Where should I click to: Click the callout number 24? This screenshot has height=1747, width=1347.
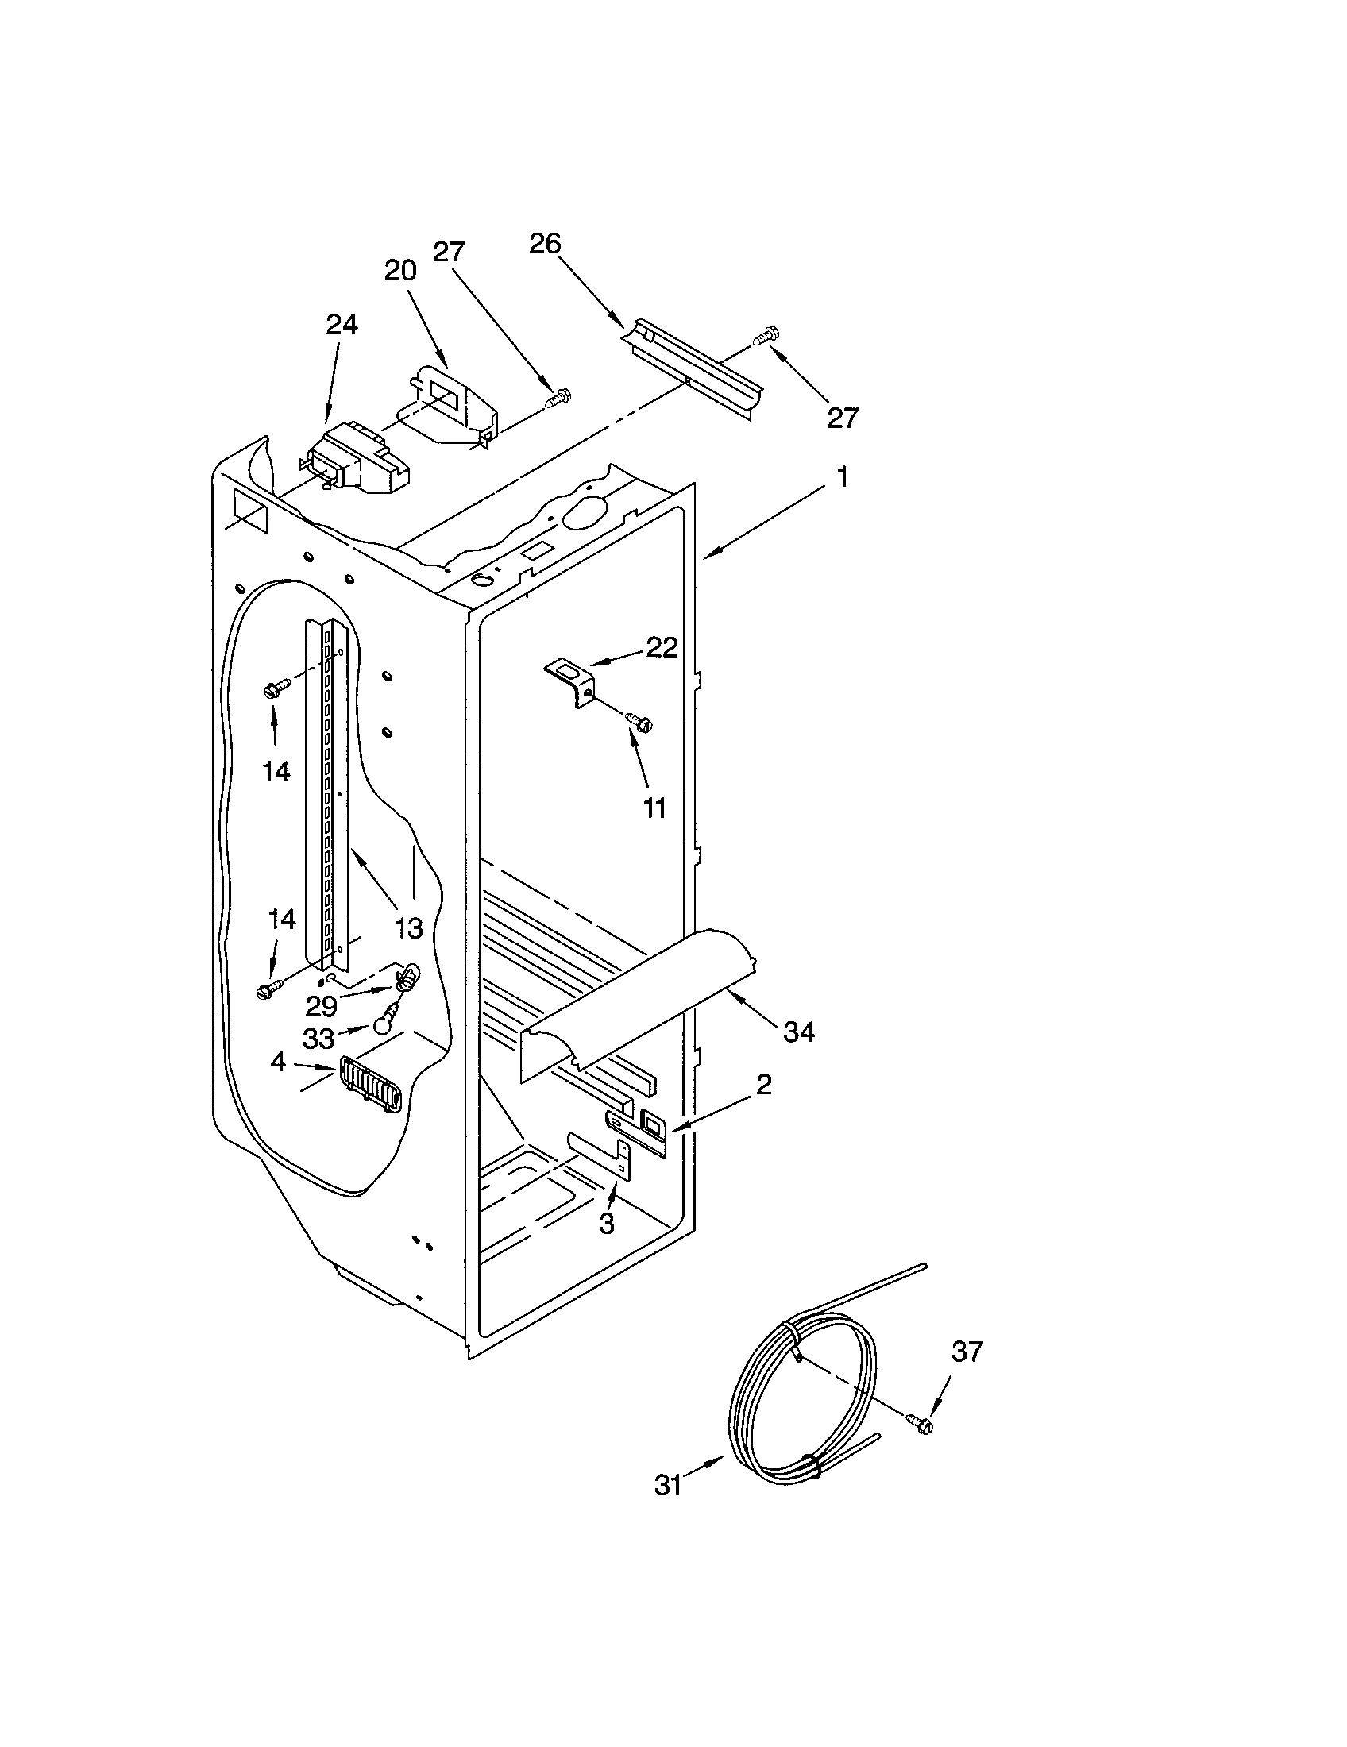342,324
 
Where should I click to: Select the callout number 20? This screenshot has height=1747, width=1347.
400,270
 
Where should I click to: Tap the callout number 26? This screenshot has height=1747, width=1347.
545,243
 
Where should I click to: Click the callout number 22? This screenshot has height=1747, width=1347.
662,646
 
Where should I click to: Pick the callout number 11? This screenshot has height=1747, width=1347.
654,808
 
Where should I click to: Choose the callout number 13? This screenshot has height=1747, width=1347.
409,927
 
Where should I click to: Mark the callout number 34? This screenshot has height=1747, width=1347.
798,1032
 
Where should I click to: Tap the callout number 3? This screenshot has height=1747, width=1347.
607,1223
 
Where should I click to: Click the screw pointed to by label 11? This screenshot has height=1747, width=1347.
639,722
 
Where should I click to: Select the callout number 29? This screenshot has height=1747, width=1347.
321,1006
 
